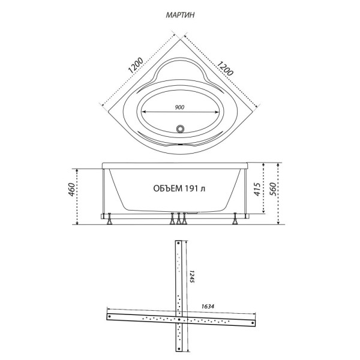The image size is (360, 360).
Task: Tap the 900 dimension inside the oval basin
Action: [x=179, y=107]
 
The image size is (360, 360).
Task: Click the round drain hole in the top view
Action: [x=179, y=127]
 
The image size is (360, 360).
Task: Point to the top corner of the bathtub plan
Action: [x=180, y=37]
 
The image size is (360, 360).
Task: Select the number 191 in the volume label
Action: [x=193, y=189]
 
